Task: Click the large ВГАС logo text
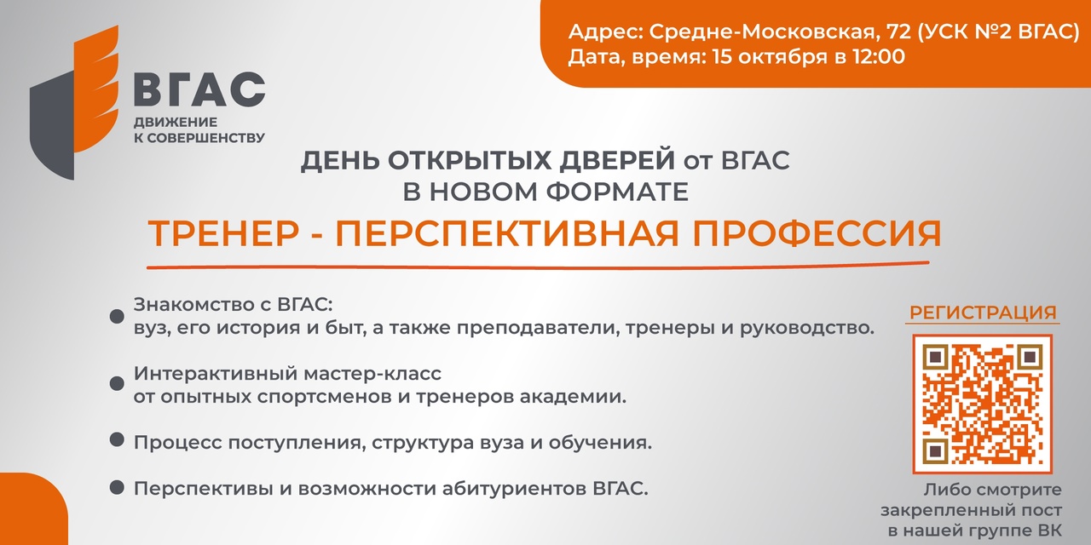(199, 89)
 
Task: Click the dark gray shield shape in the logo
(52, 127)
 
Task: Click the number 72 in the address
(899, 32)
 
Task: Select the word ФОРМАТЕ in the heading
(617, 192)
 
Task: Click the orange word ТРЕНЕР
(223, 233)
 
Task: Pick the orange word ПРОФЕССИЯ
(817, 233)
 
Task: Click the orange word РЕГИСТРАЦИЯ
(983, 313)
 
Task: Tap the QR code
(983, 404)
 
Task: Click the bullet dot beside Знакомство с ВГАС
(117, 316)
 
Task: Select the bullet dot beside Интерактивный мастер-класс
(117, 383)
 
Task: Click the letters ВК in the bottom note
(1049, 531)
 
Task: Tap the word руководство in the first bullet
(807, 329)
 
